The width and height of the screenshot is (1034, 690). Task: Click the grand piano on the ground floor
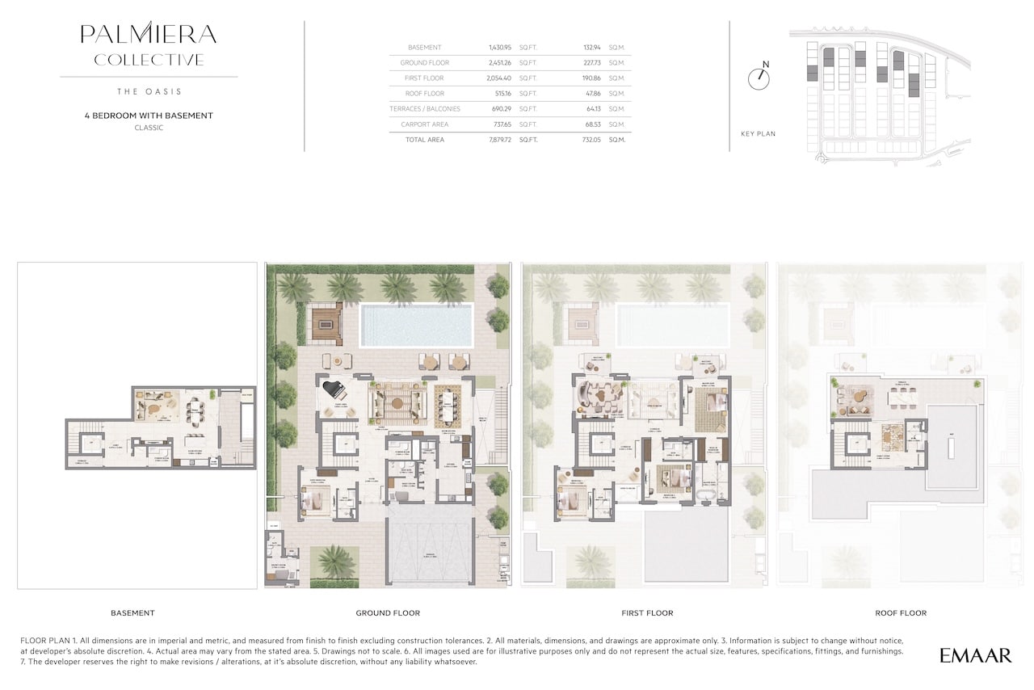pyautogui.click(x=334, y=389)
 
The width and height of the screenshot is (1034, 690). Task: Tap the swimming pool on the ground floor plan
pyautogui.click(x=416, y=326)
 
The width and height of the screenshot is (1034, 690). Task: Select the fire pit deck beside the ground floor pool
pyautogui.click(x=327, y=323)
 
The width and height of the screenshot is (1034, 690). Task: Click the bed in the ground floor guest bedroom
pyautogui.click(x=313, y=503)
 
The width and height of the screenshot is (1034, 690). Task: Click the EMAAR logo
pyautogui.click(x=975, y=655)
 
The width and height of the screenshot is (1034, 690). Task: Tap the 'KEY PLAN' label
pyautogui.click(x=758, y=133)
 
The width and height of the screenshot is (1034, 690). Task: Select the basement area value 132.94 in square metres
pyautogui.click(x=591, y=48)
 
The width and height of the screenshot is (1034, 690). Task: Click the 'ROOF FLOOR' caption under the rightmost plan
pyautogui.click(x=901, y=613)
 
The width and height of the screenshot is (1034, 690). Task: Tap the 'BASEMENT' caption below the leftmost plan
pyautogui.click(x=132, y=613)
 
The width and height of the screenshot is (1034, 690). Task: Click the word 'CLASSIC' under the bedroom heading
pyautogui.click(x=149, y=128)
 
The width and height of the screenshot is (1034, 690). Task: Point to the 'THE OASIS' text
pyautogui.click(x=149, y=91)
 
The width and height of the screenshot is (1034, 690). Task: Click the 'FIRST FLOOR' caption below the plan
pyautogui.click(x=647, y=613)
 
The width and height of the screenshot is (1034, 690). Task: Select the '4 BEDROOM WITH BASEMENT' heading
pyautogui.click(x=149, y=116)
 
